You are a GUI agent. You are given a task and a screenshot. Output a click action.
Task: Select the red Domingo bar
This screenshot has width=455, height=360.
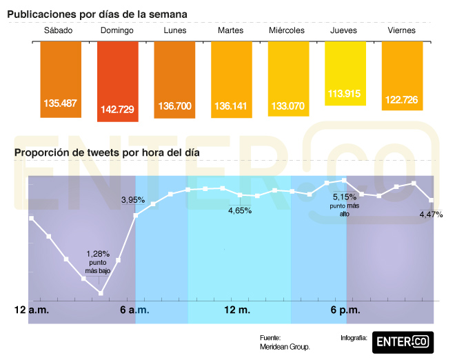117,81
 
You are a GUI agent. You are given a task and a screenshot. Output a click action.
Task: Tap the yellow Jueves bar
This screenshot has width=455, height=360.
345,73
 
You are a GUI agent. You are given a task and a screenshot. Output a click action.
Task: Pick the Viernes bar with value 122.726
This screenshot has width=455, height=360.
402,76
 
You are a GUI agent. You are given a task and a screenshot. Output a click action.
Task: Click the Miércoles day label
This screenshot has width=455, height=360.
287,31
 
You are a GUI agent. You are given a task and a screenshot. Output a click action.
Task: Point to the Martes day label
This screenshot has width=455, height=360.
230,31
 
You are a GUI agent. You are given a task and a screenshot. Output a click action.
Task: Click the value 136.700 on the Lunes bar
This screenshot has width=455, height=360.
174,106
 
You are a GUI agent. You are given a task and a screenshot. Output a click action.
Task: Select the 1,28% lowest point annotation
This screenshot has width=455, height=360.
99,261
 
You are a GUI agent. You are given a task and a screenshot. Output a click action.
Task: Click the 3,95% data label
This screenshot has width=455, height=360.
132,200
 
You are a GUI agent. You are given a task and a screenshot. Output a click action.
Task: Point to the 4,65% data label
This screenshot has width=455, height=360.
240,210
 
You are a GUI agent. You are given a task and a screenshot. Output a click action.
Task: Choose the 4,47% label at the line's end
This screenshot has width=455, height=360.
431,214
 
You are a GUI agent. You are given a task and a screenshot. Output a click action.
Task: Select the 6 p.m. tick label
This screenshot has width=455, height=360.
345,310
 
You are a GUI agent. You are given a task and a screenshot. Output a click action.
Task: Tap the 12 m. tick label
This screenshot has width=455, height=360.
239,310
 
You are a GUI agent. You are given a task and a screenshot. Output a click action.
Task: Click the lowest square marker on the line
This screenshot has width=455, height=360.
101,293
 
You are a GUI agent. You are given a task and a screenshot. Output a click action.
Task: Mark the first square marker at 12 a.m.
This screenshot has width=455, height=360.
31,219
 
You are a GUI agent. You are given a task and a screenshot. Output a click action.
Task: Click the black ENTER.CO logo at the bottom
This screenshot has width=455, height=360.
403,341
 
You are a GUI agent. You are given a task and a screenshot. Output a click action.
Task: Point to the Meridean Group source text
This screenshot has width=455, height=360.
285,347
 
